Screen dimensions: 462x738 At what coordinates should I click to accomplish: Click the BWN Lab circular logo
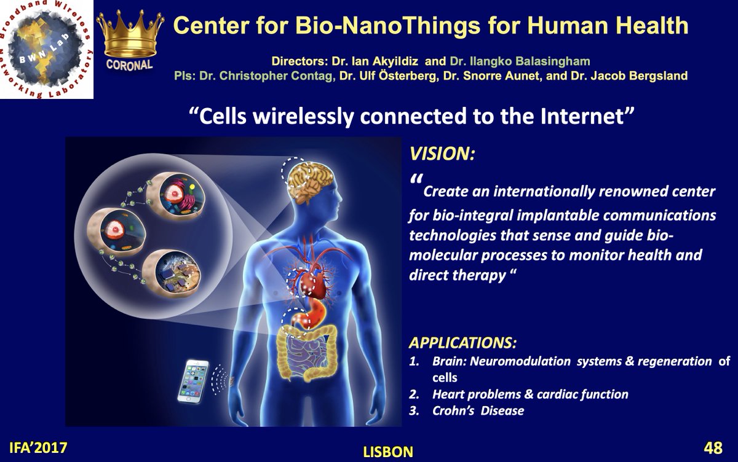tap(46, 49)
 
